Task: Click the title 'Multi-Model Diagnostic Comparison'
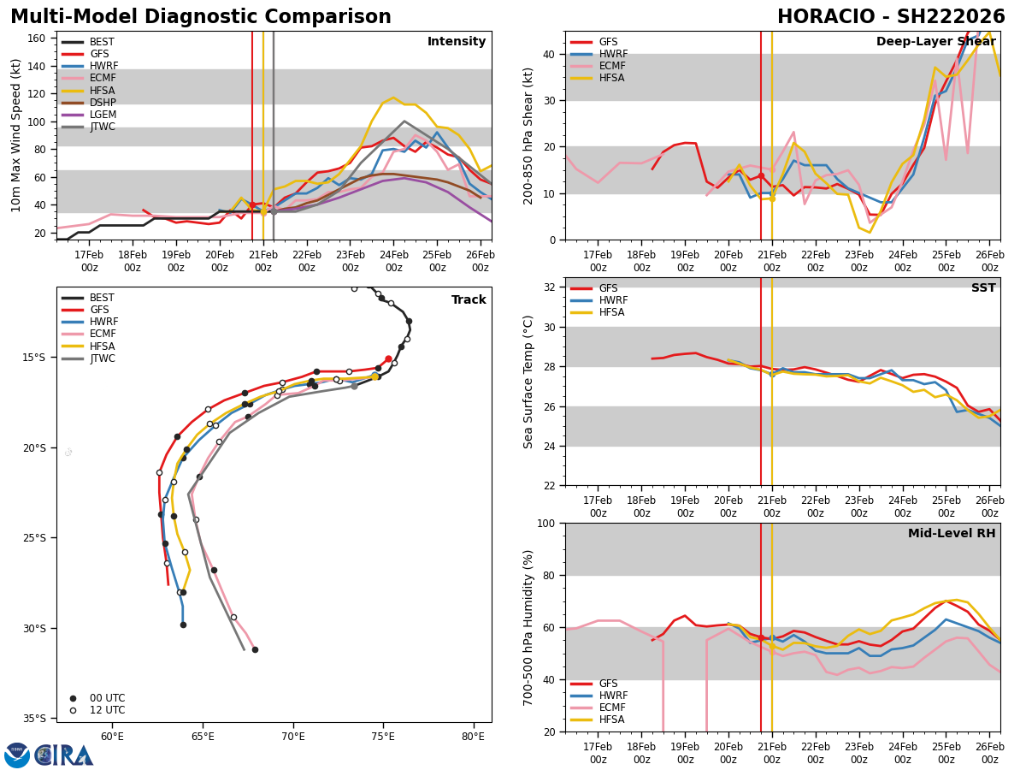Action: pos(201,17)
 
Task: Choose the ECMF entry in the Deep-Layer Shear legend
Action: pos(608,66)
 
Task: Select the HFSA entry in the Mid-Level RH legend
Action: pos(608,720)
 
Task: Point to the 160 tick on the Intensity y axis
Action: pos(38,38)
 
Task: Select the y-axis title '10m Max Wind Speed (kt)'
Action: pos(16,136)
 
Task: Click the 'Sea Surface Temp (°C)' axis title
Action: pos(529,382)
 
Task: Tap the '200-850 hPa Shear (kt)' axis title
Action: pos(529,136)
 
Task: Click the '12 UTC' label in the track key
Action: pos(107,710)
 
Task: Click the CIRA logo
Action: pos(49,755)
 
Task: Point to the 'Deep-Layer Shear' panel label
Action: pos(935,42)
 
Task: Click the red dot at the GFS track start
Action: pos(388,359)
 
